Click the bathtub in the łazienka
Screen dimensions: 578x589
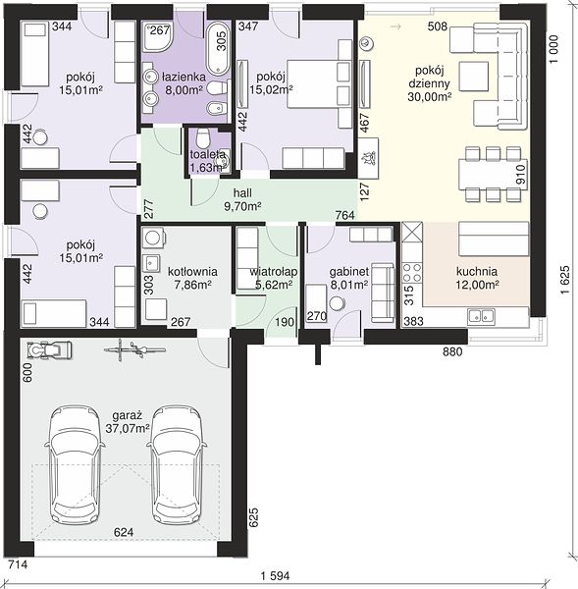pos(218,49)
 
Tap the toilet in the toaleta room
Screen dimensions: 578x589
pos(203,138)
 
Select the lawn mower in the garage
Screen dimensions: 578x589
pos(50,349)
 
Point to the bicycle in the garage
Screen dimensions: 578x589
pos(134,349)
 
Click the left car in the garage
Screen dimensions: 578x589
pos(75,465)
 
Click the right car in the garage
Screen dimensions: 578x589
pos(176,465)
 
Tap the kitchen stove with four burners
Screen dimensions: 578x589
pos(412,272)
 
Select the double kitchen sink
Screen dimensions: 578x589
pos(481,316)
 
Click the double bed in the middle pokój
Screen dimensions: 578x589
pos(320,83)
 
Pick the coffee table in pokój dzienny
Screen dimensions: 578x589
pos(474,77)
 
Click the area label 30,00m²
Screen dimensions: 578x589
pos(429,97)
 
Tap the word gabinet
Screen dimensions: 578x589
pos(349,272)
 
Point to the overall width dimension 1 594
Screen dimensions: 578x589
pos(276,576)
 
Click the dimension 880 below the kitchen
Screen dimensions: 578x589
pos(452,352)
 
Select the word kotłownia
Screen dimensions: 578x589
pos(192,272)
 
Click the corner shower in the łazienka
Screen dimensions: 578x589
pos(158,37)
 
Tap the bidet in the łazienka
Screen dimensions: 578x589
pos(217,108)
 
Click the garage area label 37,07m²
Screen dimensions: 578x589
pos(128,428)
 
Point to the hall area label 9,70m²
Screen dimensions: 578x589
pos(242,206)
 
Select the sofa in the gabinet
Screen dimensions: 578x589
pos(383,293)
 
